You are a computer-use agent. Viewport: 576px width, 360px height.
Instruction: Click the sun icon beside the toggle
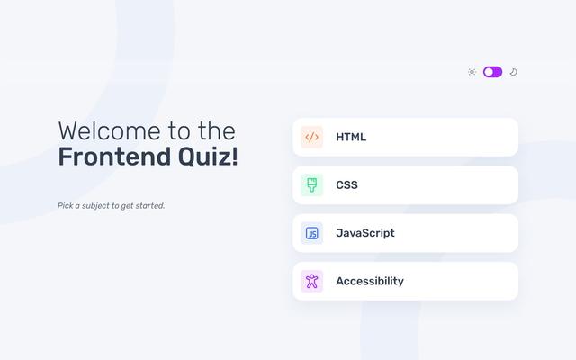click(x=472, y=72)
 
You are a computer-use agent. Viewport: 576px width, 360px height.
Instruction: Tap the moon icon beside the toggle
click(x=514, y=72)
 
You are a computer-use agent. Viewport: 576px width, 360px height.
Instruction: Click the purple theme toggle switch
click(x=492, y=72)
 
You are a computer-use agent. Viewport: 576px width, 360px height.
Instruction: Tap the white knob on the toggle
click(x=488, y=72)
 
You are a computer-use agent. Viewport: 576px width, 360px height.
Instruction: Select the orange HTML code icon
click(x=312, y=137)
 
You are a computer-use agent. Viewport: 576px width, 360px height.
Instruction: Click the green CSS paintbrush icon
click(x=312, y=185)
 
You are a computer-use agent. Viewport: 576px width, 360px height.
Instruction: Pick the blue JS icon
click(x=312, y=233)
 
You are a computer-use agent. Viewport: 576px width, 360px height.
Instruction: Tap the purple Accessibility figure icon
click(x=312, y=282)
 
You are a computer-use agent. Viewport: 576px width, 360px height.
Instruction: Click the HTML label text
click(x=351, y=137)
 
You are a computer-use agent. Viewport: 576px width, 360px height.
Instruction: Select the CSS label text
click(x=346, y=185)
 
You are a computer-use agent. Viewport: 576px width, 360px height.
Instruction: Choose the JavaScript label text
click(x=365, y=233)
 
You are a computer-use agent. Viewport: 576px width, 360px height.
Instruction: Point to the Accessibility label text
click(x=370, y=282)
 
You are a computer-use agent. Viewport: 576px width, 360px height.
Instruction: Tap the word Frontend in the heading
click(x=114, y=157)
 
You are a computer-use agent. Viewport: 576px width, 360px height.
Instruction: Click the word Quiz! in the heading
click(x=208, y=157)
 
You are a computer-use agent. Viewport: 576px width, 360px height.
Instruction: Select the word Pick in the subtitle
click(x=65, y=206)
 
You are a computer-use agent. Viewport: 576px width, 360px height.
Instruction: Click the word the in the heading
click(x=217, y=131)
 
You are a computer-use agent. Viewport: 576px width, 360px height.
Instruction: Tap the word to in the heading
click(x=179, y=131)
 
